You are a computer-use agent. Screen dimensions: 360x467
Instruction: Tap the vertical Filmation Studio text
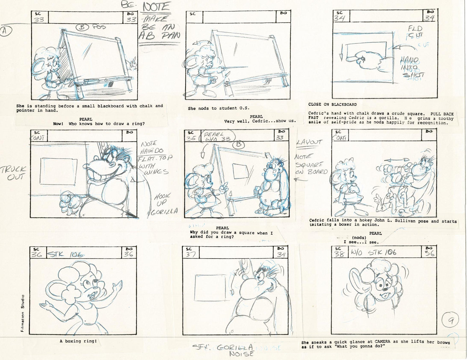pos(23,313)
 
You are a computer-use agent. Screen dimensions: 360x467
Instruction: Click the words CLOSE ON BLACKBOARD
pos(332,104)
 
